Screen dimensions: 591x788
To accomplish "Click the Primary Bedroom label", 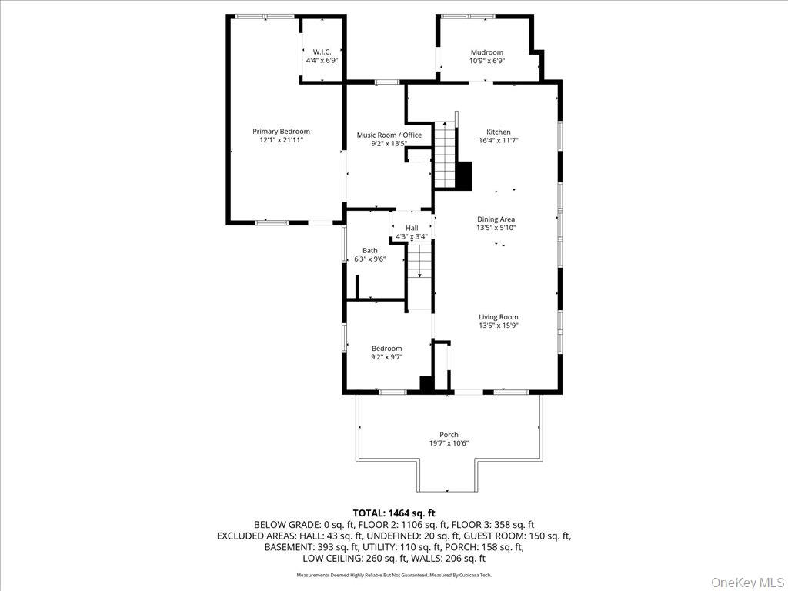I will click(281, 132).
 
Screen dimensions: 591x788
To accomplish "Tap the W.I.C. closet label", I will click(322, 51).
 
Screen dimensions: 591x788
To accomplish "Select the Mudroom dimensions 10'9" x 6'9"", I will click(486, 61).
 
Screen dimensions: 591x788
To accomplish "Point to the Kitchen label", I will click(498, 132).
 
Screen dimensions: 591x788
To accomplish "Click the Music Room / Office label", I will click(389, 135).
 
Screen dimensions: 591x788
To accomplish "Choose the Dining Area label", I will click(496, 219).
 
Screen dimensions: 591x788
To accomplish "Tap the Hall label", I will click(412, 228).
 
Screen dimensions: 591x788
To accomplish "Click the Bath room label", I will click(370, 250).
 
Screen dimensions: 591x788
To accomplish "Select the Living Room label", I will click(498, 317).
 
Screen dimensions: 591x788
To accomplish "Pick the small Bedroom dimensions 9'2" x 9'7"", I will click(386, 357).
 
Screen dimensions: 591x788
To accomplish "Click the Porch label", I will click(449, 435).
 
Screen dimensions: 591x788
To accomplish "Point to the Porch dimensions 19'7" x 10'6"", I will click(449, 443).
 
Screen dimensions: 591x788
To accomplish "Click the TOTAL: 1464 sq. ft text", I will click(394, 513).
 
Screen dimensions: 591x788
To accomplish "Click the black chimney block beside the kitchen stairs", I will click(464, 175).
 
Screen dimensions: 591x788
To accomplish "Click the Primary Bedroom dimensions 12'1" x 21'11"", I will click(281, 141).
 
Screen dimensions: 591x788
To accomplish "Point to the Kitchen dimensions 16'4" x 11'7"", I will click(498, 141).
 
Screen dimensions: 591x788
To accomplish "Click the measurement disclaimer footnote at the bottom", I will click(394, 575).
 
